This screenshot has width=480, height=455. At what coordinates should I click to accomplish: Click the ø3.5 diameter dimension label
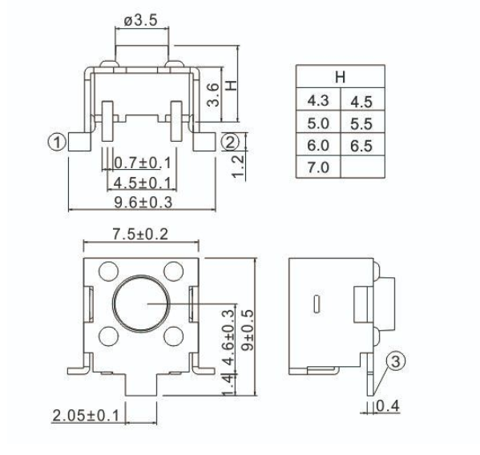[140, 21]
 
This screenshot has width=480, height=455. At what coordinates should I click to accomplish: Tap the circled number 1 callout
[57, 143]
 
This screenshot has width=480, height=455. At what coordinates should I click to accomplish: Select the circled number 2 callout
[230, 142]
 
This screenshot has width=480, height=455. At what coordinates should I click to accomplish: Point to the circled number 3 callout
[396, 361]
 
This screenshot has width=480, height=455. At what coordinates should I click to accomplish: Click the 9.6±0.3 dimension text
[143, 203]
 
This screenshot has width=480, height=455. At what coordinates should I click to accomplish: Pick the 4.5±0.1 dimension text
[142, 183]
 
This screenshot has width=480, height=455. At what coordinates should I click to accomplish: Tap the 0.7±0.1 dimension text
[142, 163]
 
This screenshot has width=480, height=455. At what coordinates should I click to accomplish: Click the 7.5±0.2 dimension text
[140, 234]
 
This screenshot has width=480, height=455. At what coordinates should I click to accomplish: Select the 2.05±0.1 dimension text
[86, 416]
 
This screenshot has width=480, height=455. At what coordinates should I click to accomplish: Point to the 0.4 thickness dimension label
[388, 406]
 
